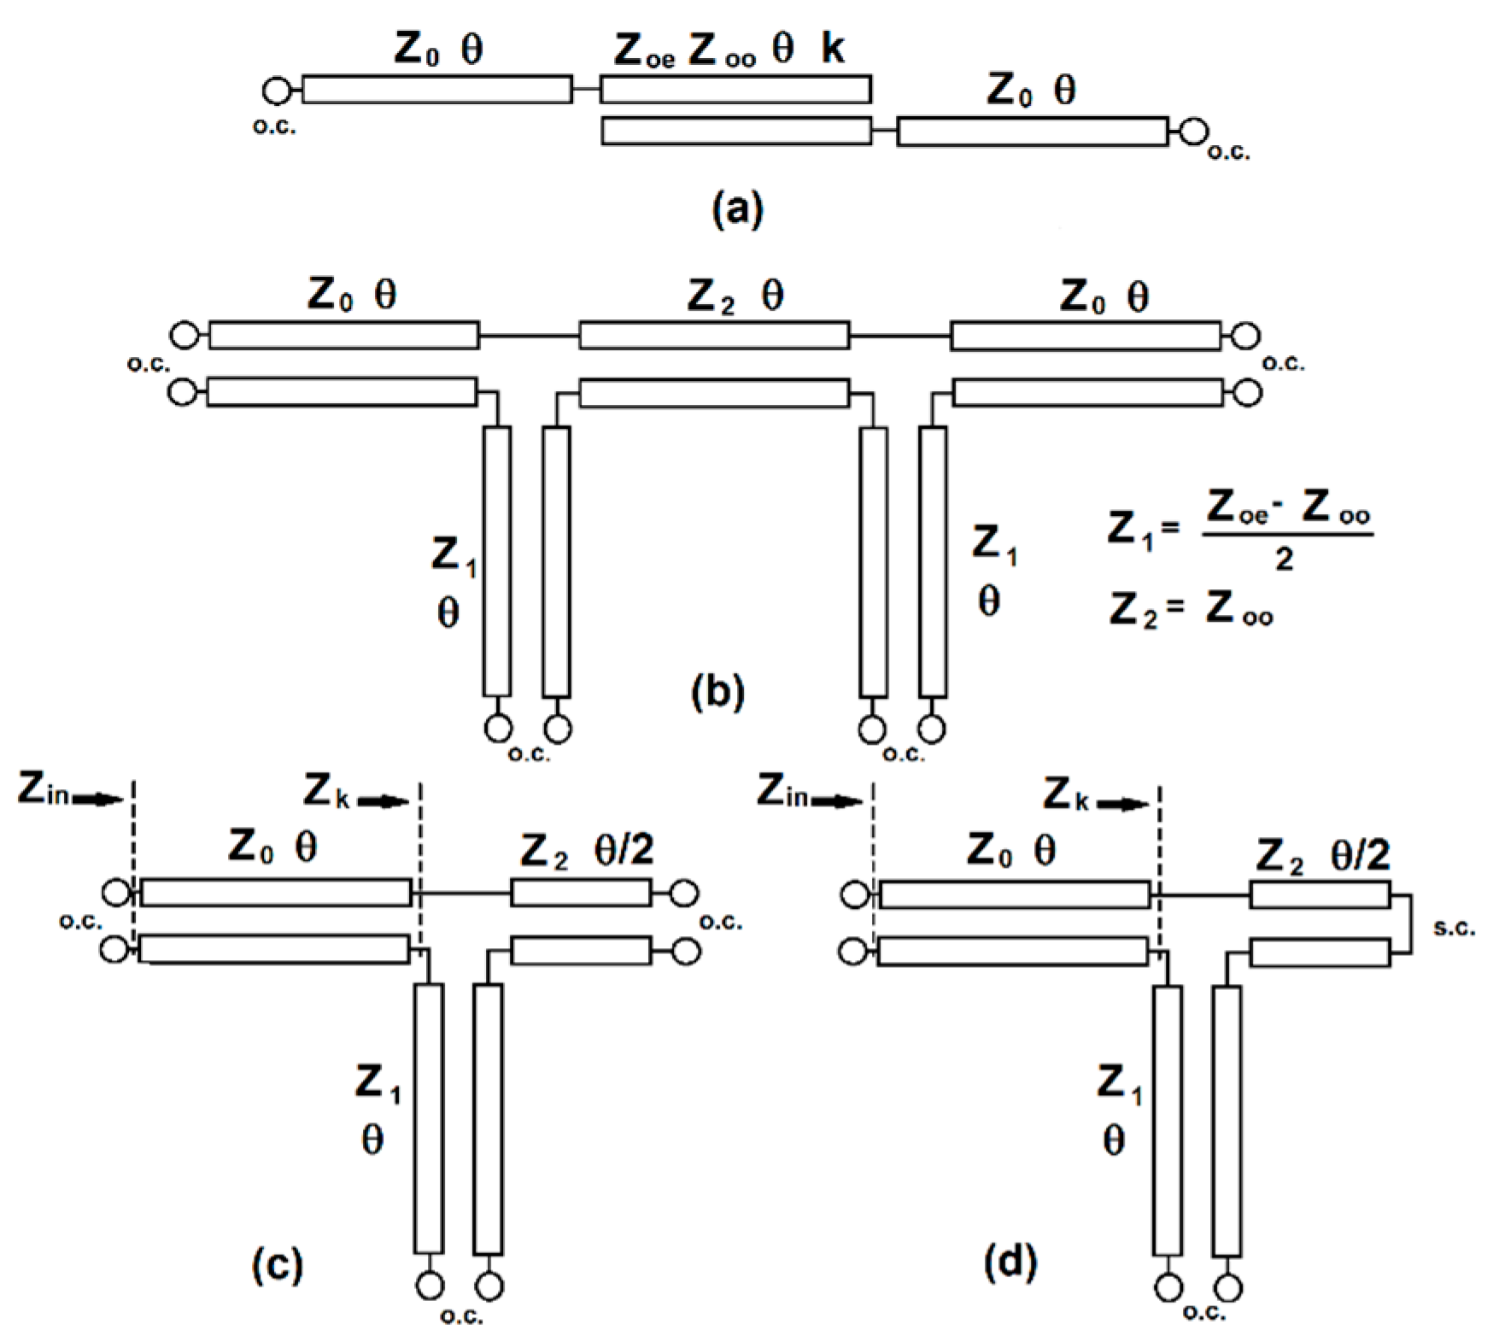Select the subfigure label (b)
(717, 693)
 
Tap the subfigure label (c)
(278, 1264)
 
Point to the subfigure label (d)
(1010, 1263)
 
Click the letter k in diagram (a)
(833, 50)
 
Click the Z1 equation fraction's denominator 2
(1283, 560)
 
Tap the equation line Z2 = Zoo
(1191, 610)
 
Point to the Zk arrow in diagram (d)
(1122, 804)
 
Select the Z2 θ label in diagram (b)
(735, 296)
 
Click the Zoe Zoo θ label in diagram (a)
(703, 50)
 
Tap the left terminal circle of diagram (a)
(276, 90)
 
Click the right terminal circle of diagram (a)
(1194, 132)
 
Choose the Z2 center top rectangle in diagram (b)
(714, 336)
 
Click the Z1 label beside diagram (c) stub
(378, 1085)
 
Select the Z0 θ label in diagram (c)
(272, 847)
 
